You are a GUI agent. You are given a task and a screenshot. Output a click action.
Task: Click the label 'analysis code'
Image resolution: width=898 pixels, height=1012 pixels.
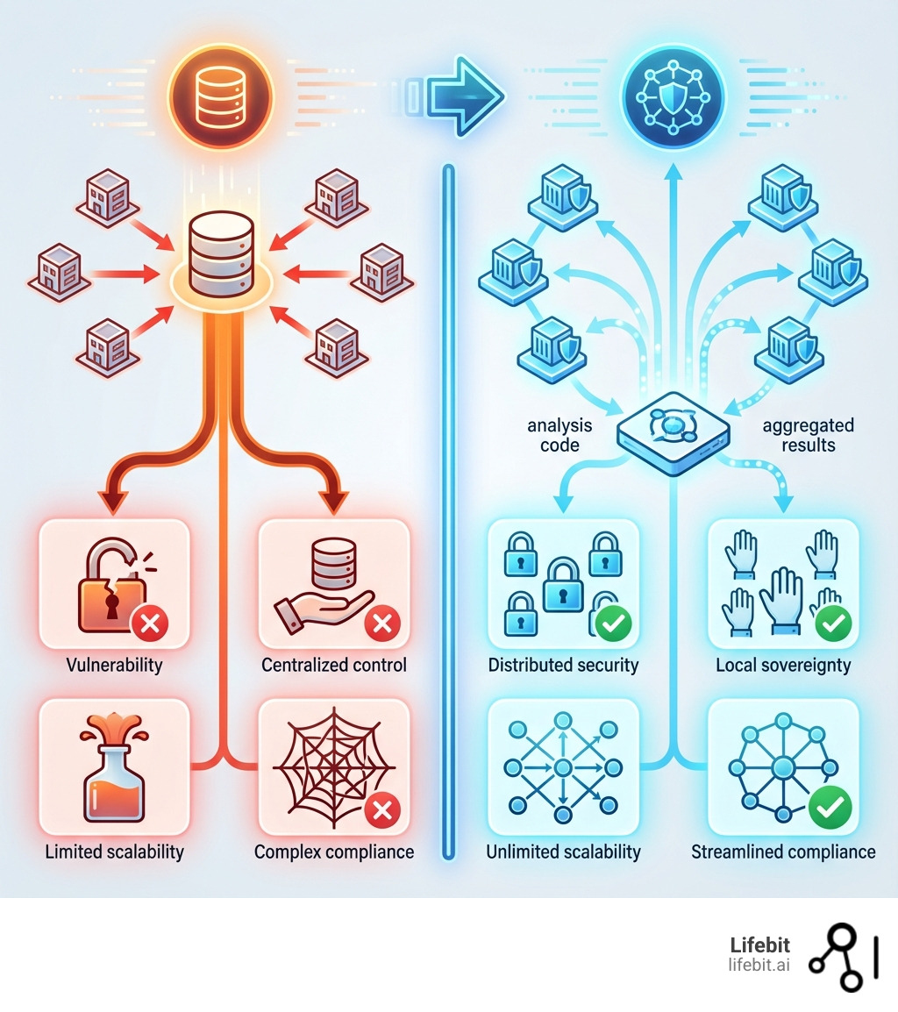tap(559, 435)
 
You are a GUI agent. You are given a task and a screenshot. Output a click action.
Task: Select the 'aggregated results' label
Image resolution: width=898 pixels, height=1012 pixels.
tap(808, 435)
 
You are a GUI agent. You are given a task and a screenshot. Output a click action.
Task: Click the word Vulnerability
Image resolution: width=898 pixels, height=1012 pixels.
tap(115, 665)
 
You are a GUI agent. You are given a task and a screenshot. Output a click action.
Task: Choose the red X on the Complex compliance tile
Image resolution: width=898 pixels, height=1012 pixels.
tap(381, 811)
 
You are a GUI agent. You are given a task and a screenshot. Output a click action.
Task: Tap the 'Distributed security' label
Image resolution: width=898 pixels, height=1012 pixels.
tap(563, 665)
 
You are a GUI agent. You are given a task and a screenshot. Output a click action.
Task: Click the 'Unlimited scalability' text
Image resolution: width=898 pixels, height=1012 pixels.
tap(563, 852)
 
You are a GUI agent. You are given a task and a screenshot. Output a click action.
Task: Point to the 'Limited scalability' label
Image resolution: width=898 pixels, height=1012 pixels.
tap(115, 852)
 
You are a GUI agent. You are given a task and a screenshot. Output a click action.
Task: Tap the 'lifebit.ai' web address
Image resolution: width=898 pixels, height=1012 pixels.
tap(759, 965)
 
